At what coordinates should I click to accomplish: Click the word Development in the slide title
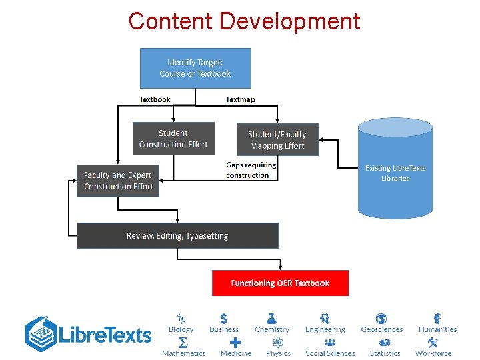coord(289,21)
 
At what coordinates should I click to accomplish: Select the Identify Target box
coord(195,68)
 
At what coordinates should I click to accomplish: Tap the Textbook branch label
coord(155,99)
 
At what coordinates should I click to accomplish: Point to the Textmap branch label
coord(240,99)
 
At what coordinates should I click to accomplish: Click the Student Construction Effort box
coord(173,139)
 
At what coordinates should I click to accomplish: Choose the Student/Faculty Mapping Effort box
coord(277,139)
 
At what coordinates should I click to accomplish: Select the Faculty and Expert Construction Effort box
coord(118,181)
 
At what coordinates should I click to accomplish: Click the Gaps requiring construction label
coord(247,170)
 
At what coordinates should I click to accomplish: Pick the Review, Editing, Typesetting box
coord(177,236)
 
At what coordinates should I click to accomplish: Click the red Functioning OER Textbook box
coord(280,283)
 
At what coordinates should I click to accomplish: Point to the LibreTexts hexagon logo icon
coord(41,334)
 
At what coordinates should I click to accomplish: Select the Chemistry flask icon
coord(271,319)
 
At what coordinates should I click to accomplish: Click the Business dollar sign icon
coord(224,319)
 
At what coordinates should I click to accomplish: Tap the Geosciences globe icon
coord(381,319)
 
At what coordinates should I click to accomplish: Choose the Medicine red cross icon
coord(235,343)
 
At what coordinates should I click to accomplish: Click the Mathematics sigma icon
coord(183,343)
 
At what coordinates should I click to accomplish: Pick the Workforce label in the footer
coord(433,353)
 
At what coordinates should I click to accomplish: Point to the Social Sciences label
coord(330,353)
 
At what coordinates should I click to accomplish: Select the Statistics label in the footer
coord(385,353)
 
